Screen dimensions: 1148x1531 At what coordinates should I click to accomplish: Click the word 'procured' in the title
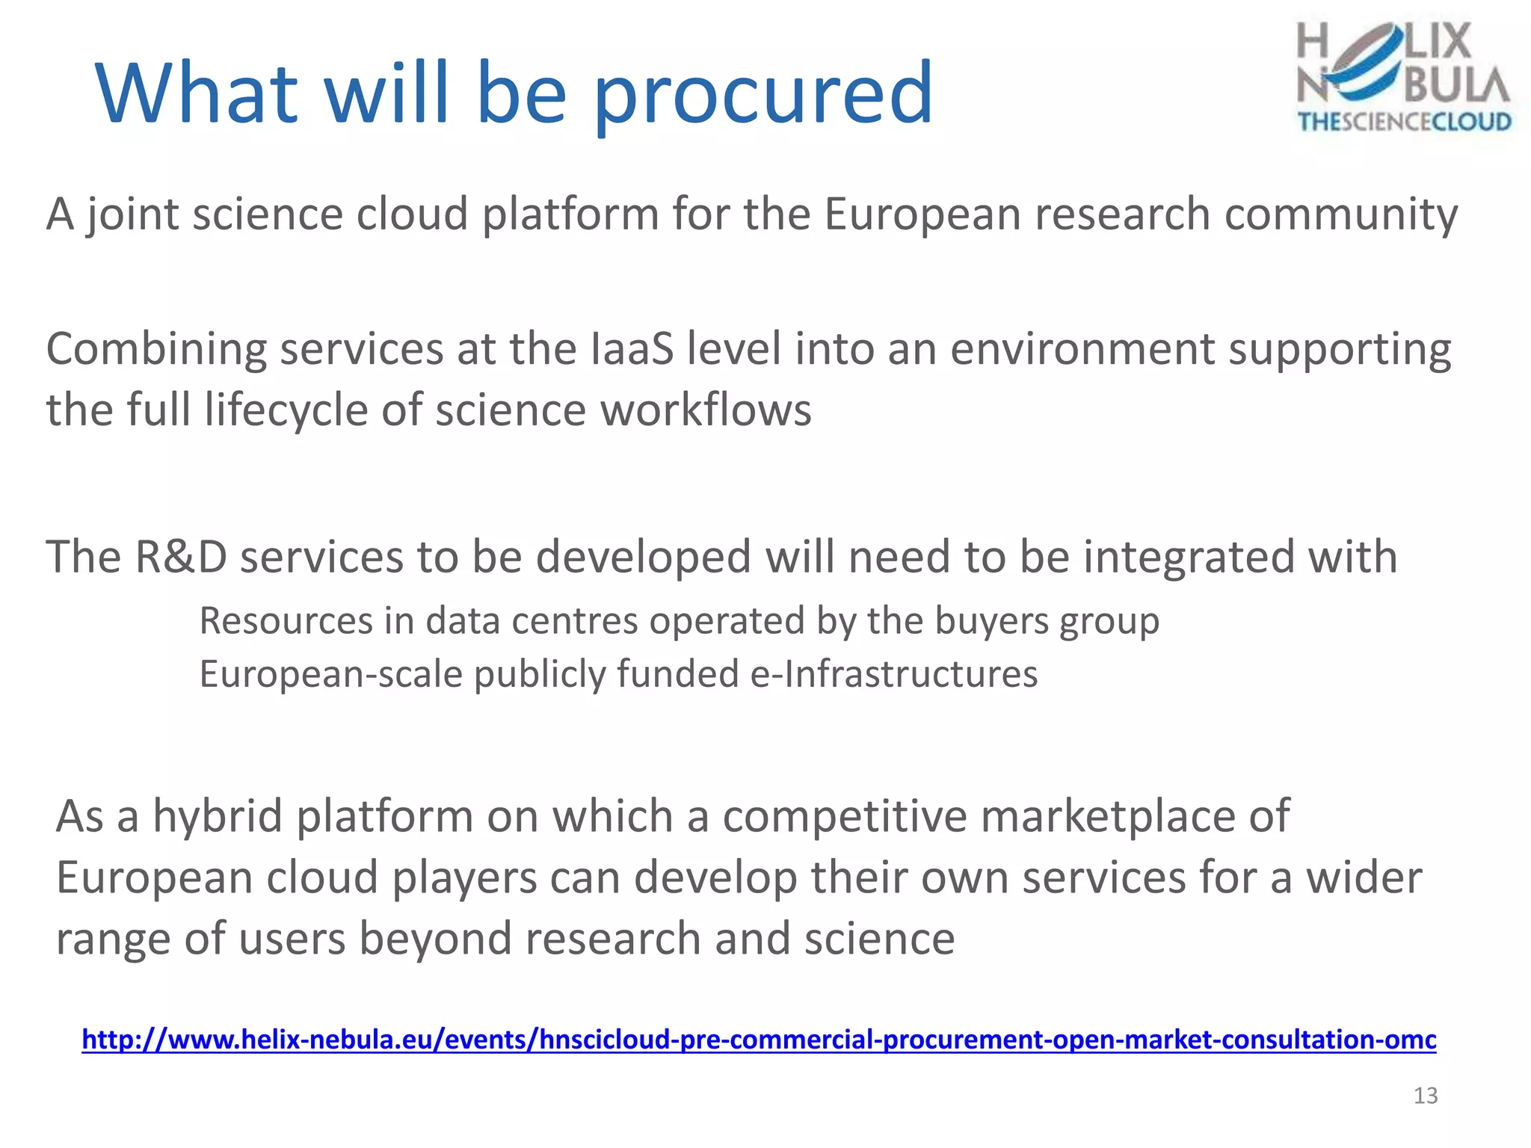pyautogui.click(x=763, y=95)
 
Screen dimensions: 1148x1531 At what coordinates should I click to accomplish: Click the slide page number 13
pyautogui.click(x=1426, y=1096)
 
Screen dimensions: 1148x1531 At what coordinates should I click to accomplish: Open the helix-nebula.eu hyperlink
pyautogui.click(x=759, y=1040)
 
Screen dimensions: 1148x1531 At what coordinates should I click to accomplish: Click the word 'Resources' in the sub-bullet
pyautogui.click(x=286, y=621)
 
